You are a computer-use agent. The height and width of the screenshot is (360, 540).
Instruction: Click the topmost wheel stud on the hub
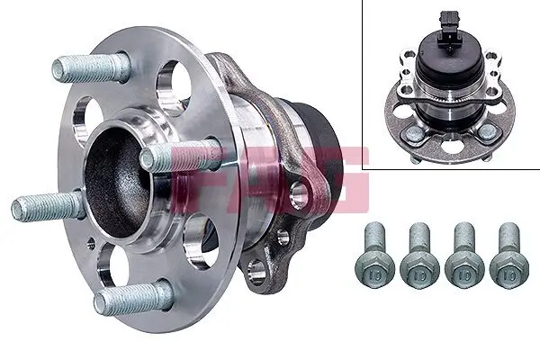tap(90, 67)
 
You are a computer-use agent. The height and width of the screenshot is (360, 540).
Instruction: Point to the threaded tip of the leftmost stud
tap(21, 210)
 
